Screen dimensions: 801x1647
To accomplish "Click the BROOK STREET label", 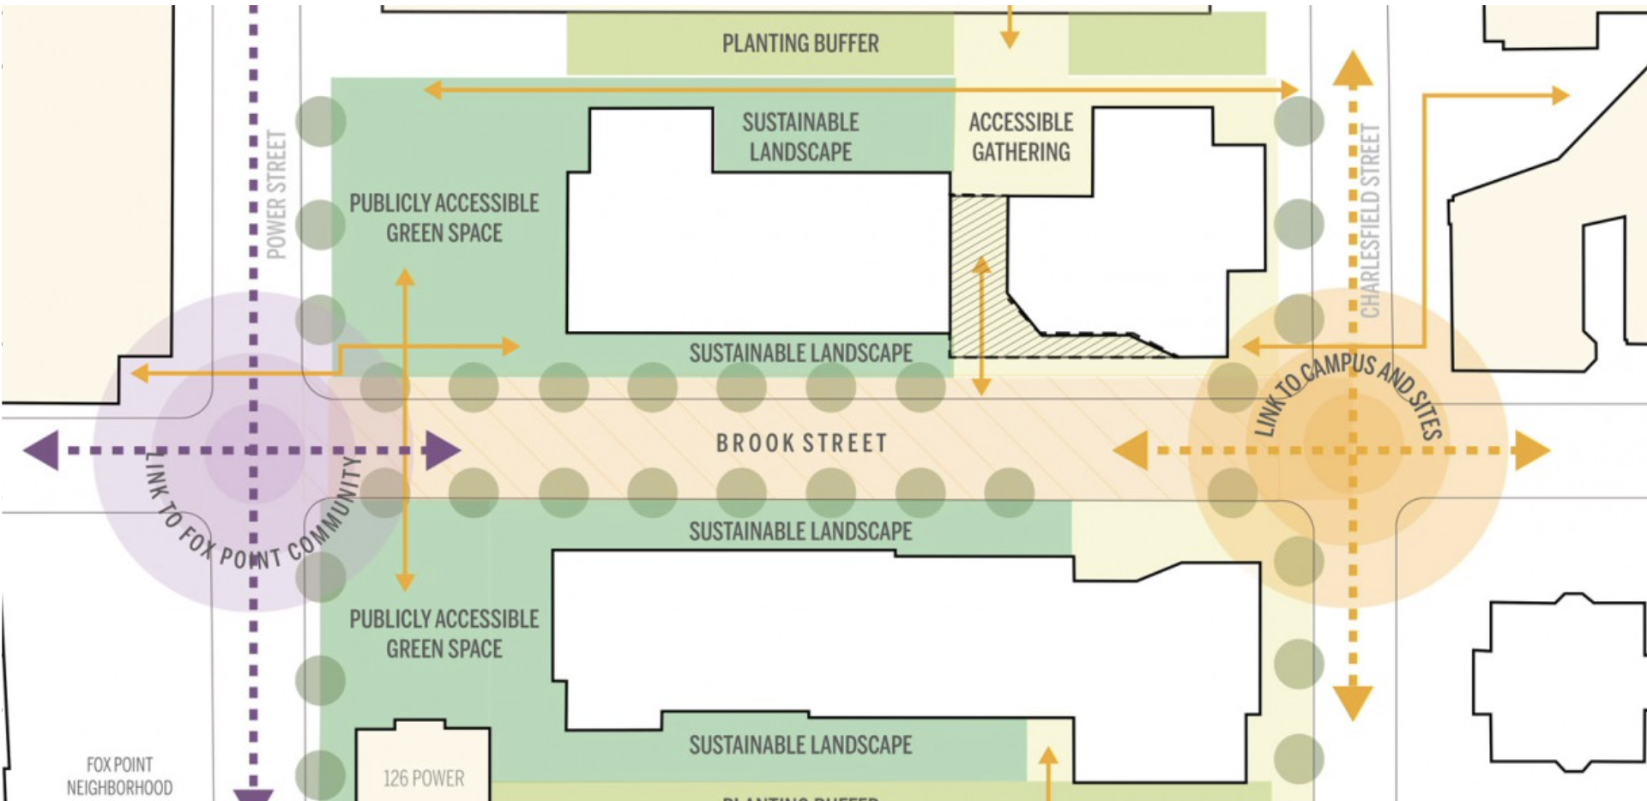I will (801, 443).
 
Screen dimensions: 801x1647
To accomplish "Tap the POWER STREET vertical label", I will (276, 195).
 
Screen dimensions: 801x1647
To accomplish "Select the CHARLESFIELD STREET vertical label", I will (1370, 221).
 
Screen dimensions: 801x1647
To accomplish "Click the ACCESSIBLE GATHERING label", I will (1021, 137).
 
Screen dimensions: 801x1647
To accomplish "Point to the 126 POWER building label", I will (423, 779).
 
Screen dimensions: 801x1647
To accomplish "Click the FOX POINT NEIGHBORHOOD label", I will (119, 776).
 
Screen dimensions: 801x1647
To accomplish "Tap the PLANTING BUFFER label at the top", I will (800, 44).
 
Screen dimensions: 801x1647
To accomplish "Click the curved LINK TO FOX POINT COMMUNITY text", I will (249, 523).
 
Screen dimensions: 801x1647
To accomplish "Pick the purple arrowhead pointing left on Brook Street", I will (43, 450).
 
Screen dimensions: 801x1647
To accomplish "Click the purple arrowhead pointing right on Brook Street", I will (442, 450).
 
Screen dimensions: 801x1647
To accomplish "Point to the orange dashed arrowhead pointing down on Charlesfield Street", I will (1353, 701).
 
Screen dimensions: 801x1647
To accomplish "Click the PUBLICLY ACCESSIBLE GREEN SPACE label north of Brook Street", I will (443, 218).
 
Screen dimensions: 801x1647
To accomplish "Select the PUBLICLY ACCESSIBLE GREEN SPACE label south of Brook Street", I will (443, 634).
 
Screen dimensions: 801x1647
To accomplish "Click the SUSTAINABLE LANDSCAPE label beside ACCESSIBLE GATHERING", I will (800, 137).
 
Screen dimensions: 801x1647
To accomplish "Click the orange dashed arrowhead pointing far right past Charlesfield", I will (1531, 450).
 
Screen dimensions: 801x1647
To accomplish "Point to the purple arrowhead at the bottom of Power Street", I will (253, 794).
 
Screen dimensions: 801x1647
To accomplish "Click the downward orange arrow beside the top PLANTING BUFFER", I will (1010, 39).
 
